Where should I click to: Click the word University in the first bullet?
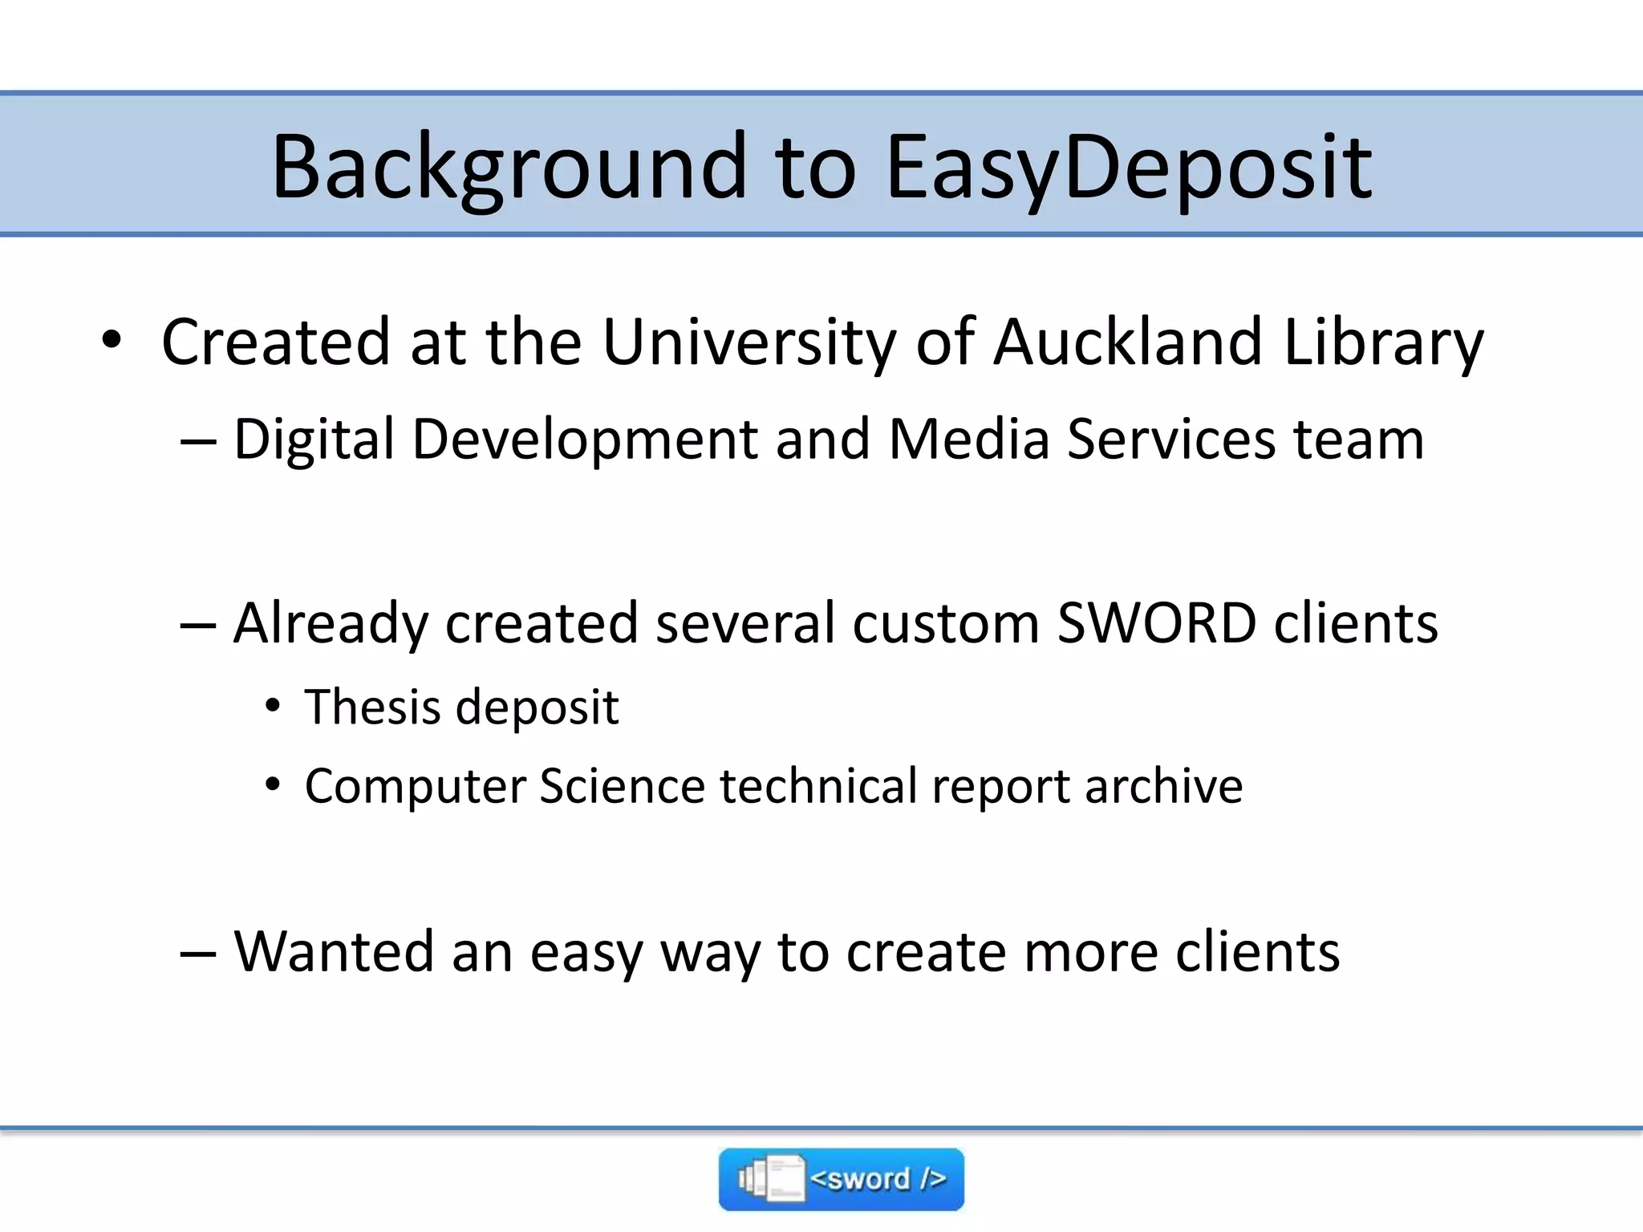click(x=748, y=342)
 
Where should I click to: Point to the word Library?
click(x=1383, y=342)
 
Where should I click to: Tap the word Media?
click(x=968, y=440)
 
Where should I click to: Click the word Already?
click(x=331, y=624)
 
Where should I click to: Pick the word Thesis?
click(x=371, y=707)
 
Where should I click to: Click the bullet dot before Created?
click(x=112, y=340)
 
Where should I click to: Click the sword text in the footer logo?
click(x=878, y=1179)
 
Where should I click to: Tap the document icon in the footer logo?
click(x=781, y=1179)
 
